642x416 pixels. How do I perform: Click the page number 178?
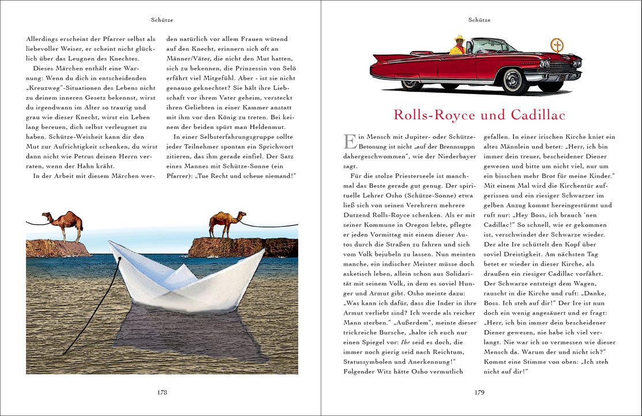pos(162,392)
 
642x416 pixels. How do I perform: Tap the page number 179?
pos(479,392)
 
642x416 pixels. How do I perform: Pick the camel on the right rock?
pos(220,223)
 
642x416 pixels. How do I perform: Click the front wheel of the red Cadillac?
pos(515,81)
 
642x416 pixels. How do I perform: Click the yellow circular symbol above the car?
pos(557,44)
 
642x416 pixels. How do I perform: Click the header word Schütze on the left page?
pos(162,20)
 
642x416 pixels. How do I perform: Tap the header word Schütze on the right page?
pos(479,20)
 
